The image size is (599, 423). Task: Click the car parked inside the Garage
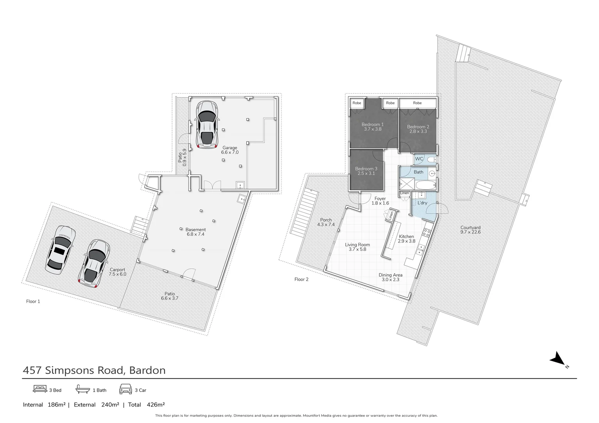pyautogui.click(x=207, y=125)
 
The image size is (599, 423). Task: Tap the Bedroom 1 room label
pyautogui.click(x=372, y=125)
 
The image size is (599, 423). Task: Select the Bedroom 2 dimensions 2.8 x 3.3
pyautogui.click(x=418, y=132)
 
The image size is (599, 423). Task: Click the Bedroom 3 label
pyautogui.click(x=366, y=169)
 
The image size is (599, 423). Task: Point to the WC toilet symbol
pyautogui.click(x=431, y=159)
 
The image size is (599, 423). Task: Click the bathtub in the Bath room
pyautogui.click(x=425, y=185)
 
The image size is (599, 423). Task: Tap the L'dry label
pyautogui.click(x=422, y=203)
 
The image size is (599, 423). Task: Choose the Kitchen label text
pyautogui.click(x=406, y=237)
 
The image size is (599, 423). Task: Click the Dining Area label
pyautogui.click(x=390, y=275)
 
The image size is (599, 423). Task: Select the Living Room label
pyautogui.click(x=357, y=245)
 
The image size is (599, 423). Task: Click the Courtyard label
pyautogui.click(x=470, y=228)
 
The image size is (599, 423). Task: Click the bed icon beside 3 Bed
pyautogui.click(x=40, y=389)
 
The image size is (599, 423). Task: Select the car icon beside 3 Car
pyautogui.click(x=126, y=389)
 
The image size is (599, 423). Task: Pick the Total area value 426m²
pyautogui.click(x=156, y=405)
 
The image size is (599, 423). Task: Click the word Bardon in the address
pyautogui.click(x=147, y=371)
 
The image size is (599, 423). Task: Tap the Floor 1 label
pyautogui.click(x=33, y=302)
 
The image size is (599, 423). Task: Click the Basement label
pyautogui.click(x=195, y=230)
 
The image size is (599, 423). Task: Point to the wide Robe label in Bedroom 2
pyautogui.click(x=417, y=103)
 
